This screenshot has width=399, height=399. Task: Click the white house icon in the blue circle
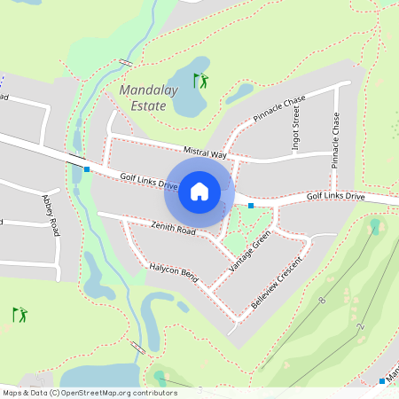coord(199,192)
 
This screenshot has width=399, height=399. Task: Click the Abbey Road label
coord(50,215)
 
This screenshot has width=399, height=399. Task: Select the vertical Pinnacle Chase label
coord(335,140)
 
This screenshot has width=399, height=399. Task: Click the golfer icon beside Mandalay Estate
coord(202,81)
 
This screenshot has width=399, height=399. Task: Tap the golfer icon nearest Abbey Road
coord(20,314)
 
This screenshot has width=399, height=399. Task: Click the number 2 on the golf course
coord(361,327)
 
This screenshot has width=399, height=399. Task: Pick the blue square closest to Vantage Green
coord(251,206)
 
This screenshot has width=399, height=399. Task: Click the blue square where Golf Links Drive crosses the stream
coord(87,168)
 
